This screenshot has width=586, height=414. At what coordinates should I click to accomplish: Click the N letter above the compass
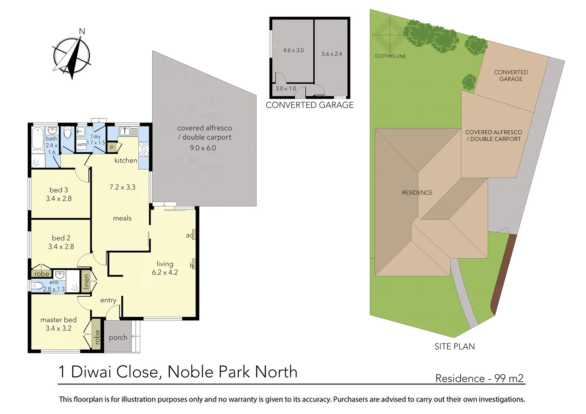pyautogui.click(x=82, y=31)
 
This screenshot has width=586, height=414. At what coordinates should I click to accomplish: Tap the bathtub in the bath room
pyautogui.click(x=38, y=138)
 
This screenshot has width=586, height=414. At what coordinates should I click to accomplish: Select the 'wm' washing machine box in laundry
pyautogui.click(x=81, y=145)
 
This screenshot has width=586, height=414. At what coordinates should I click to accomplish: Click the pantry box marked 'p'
pyautogui.click(x=112, y=147)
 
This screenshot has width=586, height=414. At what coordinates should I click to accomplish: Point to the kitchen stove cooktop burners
pyautogui.click(x=143, y=149)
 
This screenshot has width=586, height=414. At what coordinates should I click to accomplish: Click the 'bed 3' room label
pyautogui.click(x=59, y=190)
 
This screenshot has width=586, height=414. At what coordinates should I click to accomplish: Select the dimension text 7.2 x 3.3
pyautogui.click(x=122, y=187)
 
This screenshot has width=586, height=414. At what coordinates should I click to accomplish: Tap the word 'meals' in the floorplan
pyautogui.click(x=122, y=218)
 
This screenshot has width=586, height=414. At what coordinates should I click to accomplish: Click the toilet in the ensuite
pyautogui.click(x=37, y=286)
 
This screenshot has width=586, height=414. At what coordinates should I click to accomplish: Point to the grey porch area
pyautogui.click(x=118, y=337)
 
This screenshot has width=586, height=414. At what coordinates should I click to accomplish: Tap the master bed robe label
pyautogui.click(x=97, y=337)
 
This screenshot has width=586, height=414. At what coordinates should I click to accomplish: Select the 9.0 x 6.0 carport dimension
pyautogui.click(x=203, y=148)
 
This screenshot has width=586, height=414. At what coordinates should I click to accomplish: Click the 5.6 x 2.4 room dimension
pyautogui.click(x=332, y=54)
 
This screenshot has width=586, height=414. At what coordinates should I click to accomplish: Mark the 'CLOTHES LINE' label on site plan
pyautogui.click(x=390, y=56)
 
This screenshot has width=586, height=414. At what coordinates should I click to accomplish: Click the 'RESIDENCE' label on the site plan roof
pyautogui.click(x=417, y=192)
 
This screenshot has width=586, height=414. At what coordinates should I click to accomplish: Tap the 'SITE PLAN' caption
pyautogui.click(x=454, y=347)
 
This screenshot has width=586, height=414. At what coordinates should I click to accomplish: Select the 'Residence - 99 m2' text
pyautogui.click(x=479, y=378)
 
